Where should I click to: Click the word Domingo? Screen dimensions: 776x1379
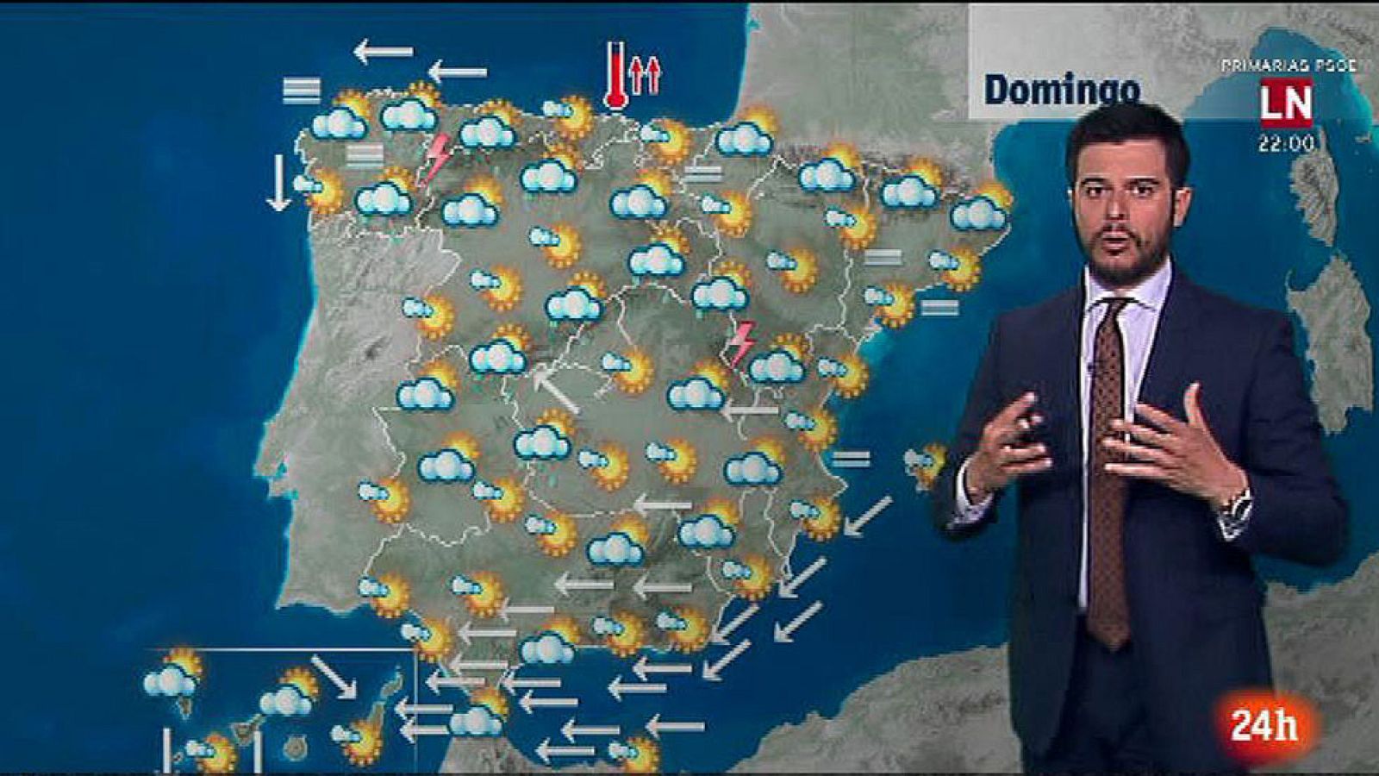pyautogui.click(x=1062, y=90)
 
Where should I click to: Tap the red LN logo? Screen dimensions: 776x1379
pyautogui.click(x=1287, y=103)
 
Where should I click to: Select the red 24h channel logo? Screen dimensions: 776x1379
pyautogui.click(x=1264, y=725)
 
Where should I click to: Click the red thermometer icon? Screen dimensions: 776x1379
pyautogui.click(x=615, y=75)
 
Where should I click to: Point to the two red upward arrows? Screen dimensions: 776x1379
pyautogui.click(x=645, y=76)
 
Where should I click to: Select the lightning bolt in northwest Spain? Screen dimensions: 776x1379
pyautogui.click(x=436, y=157)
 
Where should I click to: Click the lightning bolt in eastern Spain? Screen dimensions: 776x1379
pyautogui.click(x=740, y=342)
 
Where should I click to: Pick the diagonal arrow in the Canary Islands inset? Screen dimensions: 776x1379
pyautogui.click(x=333, y=677)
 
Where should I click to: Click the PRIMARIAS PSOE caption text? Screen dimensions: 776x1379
pyautogui.click(x=1289, y=66)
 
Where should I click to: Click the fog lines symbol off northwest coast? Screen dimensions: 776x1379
pyautogui.click(x=302, y=90)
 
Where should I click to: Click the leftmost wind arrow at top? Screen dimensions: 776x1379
pyautogui.click(x=384, y=53)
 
